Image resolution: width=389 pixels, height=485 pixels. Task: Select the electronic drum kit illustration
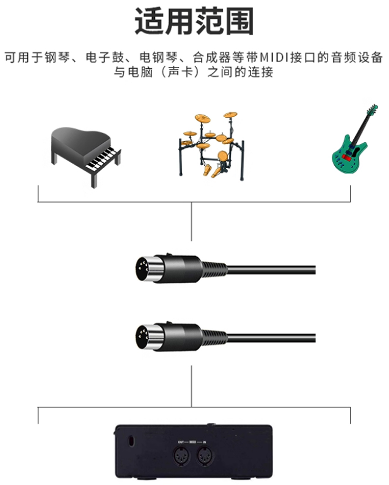click(x=211, y=146)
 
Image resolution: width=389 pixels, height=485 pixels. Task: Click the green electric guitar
click(x=355, y=139)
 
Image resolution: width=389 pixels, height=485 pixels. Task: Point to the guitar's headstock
click(x=372, y=109)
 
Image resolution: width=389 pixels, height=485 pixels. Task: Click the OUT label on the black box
click(x=181, y=442)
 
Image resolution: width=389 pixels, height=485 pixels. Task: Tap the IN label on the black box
click(x=204, y=442)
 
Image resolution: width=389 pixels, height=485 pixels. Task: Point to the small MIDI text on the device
click(x=193, y=442)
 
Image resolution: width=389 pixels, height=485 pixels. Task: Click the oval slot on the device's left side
click(x=131, y=441)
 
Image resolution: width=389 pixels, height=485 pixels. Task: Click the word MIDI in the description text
click(x=274, y=58)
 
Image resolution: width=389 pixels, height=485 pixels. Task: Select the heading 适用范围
click(x=194, y=21)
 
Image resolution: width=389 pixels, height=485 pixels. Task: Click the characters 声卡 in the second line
click(x=181, y=72)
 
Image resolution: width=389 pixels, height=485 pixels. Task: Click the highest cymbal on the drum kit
click(x=230, y=115)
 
